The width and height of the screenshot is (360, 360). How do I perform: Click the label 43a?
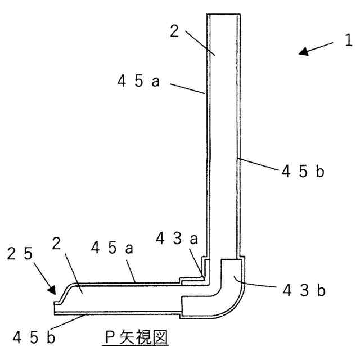177,238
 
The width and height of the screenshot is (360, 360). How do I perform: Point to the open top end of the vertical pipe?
224,15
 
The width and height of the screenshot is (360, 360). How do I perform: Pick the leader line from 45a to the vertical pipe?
186,90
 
